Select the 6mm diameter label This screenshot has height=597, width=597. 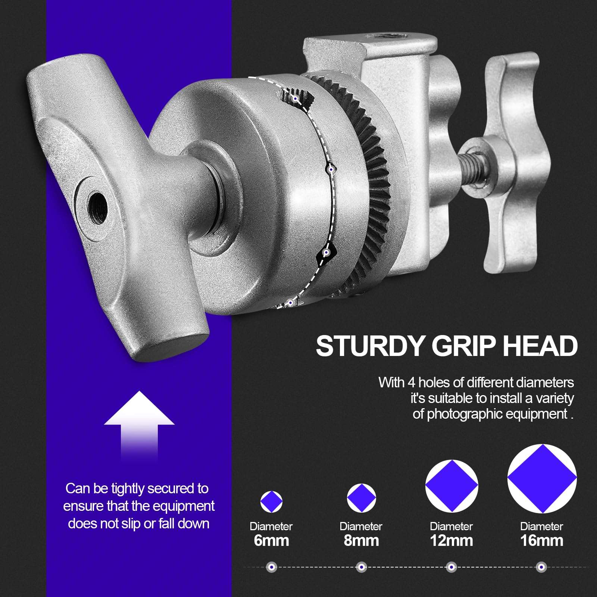(271, 540)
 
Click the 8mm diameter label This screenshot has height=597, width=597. (361, 540)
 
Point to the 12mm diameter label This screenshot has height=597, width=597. (451, 540)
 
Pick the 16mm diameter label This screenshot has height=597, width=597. (541, 540)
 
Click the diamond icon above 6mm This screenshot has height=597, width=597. (271, 502)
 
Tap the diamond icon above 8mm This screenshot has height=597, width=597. (361, 498)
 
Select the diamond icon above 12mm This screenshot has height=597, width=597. (451, 486)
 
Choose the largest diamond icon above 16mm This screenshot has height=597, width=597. (542, 478)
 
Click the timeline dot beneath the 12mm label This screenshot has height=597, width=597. (451, 568)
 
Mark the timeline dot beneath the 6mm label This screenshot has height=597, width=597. (271, 568)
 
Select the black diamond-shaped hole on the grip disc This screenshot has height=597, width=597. (326, 254)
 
